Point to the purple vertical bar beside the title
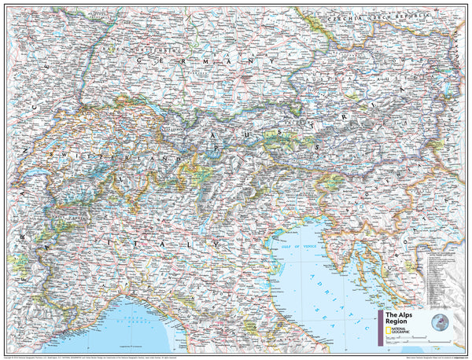coord(380,325)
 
